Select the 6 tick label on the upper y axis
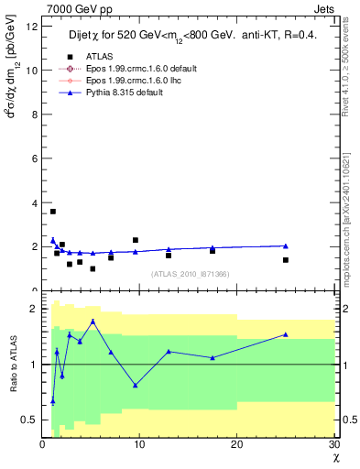[x=34, y=158]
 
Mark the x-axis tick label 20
[x=236, y=444]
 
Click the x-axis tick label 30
[x=333, y=444]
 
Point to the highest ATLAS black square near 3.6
[x=53, y=212]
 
